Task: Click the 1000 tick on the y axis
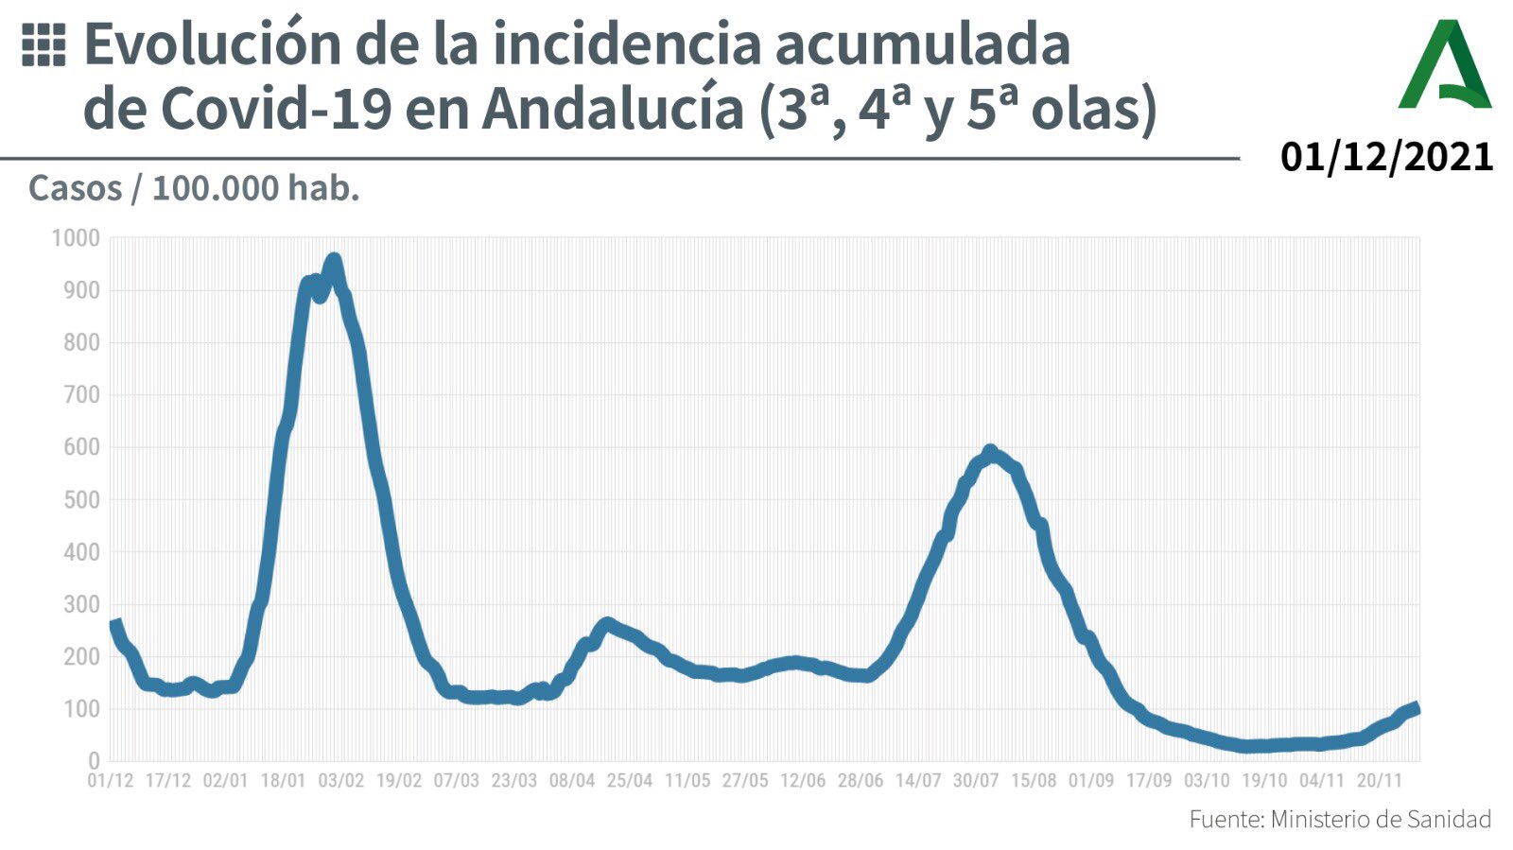pyautogui.click(x=76, y=238)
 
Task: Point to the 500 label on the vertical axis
pyautogui.click(x=81, y=499)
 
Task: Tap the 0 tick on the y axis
pyautogui.click(x=93, y=761)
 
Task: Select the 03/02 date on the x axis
pyautogui.click(x=340, y=781)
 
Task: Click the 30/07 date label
pyautogui.click(x=976, y=781)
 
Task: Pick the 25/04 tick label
pyautogui.click(x=630, y=781)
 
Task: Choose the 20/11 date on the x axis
pyautogui.click(x=1380, y=781)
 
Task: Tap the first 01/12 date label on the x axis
pyautogui.click(x=111, y=781)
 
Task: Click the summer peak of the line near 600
pyautogui.click(x=990, y=452)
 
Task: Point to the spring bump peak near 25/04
pyautogui.click(x=607, y=624)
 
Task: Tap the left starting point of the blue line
pyautogui.click(x=114, y=625)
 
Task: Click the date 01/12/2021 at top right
pyautogui.click(x=1386, y=157)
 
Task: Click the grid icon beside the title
pyautogui.click(x=43, y=45)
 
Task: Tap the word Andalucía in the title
pyautogui.click(x=613, y=110)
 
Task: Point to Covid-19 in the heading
pyautogui.click(x=276, y=110)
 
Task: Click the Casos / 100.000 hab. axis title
pyautogui.click(x=194, y=188)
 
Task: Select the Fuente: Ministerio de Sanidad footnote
pyautogui.click(x=1339, y=819)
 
